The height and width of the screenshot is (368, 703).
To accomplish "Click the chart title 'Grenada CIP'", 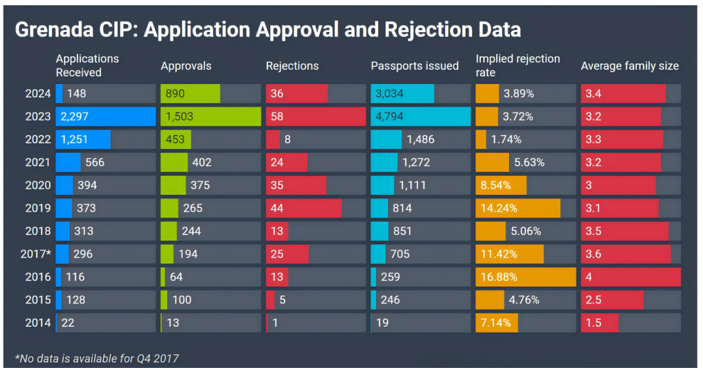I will point(267,29).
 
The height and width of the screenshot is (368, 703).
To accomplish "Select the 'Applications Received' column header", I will point(87,65).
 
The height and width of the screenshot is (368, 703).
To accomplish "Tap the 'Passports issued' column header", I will point(415,66).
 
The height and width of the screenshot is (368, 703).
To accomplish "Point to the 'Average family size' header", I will point(629,66).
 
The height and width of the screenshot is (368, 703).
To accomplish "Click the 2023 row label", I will point(38,117).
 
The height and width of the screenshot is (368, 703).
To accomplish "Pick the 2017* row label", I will point(36,254).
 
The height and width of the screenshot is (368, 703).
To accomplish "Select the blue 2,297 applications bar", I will point(105,117).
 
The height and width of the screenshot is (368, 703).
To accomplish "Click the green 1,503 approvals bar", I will point(210,117).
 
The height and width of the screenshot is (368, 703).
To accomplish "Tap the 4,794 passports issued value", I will point(390,117).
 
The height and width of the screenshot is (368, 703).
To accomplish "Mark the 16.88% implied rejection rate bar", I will point(525,277).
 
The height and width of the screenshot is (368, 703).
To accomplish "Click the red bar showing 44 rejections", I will point(303,208).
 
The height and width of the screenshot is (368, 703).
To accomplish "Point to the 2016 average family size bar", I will point(630,277).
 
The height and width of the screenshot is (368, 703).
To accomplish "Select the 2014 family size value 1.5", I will point(593,323).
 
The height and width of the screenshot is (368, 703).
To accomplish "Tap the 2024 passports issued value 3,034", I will point(390,94).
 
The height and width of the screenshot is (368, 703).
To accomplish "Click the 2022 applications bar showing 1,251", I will point(83,139).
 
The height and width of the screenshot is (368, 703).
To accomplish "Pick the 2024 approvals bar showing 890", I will point(190,94).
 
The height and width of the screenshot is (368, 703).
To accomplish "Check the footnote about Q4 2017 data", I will point(96,358).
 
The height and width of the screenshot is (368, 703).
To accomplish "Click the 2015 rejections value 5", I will point(283,300).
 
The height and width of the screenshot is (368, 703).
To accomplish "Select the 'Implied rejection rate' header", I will point(517,65).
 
